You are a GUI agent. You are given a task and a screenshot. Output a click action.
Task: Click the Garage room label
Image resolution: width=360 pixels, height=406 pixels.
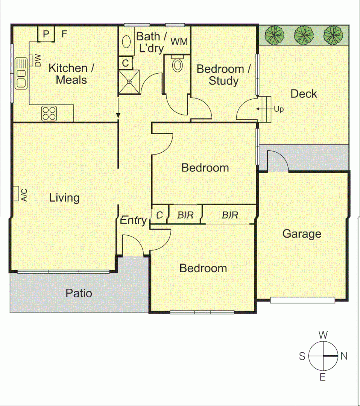(302, 234)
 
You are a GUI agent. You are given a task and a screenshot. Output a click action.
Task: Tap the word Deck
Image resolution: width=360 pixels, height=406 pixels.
(304, 94)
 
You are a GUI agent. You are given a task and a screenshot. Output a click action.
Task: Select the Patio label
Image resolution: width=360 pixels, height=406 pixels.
(79, 293)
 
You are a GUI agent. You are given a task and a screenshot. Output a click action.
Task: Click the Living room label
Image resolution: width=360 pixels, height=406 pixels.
(64, 198)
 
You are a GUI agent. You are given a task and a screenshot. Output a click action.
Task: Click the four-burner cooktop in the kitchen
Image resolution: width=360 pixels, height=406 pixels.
(49, 113)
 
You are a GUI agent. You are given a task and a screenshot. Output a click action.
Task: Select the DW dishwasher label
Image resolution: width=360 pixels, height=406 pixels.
(38, 60)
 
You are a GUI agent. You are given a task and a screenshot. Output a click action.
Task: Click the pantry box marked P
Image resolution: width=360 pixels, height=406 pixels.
(46, 34)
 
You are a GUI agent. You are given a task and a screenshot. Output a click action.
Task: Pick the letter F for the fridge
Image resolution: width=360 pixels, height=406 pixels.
(64, 34)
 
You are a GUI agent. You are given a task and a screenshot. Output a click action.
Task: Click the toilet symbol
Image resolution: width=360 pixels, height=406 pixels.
(177, 64)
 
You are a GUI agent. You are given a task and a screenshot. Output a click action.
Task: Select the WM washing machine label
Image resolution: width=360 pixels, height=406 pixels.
(179, 42)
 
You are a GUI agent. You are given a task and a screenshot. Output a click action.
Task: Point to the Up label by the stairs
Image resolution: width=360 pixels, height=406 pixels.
(278, 110)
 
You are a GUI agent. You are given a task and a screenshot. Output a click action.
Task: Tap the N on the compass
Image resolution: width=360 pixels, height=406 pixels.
(343, 356)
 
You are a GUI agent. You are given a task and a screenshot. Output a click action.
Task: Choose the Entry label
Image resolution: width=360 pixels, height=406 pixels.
(133, 221)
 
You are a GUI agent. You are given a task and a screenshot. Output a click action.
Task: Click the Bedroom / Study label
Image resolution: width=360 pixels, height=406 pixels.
(223, 75)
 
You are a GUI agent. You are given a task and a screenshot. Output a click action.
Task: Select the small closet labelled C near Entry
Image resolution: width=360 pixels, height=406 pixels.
(159, 215)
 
